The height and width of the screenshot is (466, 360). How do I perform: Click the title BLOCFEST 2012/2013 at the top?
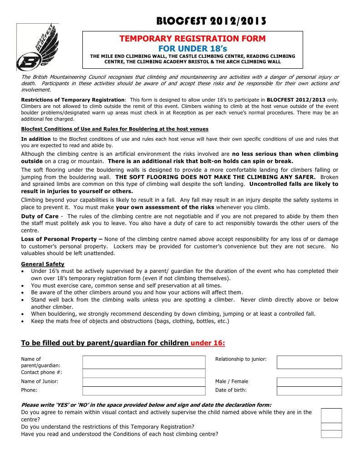click(211, 21)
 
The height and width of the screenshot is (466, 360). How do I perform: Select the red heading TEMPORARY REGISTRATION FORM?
click(192, 39)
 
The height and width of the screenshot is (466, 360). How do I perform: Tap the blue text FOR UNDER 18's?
click(192, 48)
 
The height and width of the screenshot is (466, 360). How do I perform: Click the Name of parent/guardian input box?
click(144, 362)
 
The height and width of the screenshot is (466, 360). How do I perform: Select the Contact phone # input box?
click(144, 373)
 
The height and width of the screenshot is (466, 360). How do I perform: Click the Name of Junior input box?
click(144, 382)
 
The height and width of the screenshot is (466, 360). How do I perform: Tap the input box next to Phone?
click(144, 390)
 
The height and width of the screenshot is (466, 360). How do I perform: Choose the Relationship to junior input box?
click(309, 362)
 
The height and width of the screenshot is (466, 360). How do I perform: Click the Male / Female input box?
click(309, 382)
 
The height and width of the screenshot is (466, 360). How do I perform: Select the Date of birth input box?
click(309, 390)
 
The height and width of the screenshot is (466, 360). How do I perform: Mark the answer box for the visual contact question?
click(331, 415)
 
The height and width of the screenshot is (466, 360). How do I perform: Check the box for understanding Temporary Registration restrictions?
click(331, 426)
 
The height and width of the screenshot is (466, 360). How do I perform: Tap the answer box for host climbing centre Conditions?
click(331, 434)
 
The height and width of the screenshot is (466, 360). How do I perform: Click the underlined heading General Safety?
click(43, 264)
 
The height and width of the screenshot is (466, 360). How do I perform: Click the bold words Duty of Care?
click(40, 216)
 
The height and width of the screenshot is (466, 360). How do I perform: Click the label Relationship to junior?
click(241, 359)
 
